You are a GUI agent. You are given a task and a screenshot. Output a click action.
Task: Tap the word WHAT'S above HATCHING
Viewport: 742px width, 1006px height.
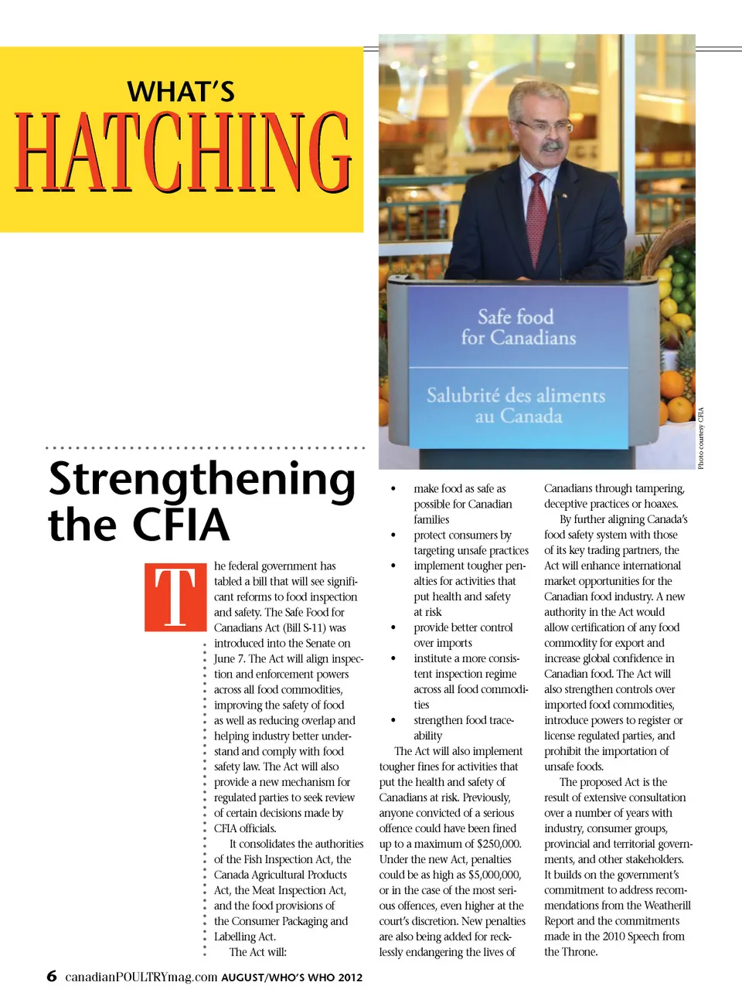point(181,92)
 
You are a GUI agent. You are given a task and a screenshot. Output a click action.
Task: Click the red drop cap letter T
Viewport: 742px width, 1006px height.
point(175,597)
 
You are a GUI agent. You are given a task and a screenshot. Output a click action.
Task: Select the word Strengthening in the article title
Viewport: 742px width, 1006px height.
point(202,480)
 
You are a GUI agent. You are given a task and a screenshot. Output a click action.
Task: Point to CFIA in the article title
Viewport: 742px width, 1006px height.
point(181,525)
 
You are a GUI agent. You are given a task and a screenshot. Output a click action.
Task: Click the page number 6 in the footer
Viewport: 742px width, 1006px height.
point(52,976)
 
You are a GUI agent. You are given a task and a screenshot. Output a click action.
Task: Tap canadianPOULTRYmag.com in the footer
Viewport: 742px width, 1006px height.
point(141,977)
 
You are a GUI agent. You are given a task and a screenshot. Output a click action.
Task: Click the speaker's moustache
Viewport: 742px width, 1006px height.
point(551,145)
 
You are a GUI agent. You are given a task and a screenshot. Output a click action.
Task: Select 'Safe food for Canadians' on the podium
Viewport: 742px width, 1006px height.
point(517,328)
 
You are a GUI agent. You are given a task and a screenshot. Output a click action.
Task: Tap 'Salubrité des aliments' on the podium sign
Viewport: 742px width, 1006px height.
point(516,396)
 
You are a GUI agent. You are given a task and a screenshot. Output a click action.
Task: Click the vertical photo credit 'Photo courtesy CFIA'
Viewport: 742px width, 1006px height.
point(701,437)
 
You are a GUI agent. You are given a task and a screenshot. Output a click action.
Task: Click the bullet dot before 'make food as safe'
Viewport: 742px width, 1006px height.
point(393,489)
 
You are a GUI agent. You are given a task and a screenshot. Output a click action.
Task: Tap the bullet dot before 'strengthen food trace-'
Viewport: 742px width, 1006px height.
point(393,721)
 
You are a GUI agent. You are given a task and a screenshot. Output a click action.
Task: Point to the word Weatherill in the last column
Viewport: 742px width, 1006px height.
point(662,906)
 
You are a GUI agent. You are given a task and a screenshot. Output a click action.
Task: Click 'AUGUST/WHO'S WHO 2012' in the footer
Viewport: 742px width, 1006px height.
point(291,977)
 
